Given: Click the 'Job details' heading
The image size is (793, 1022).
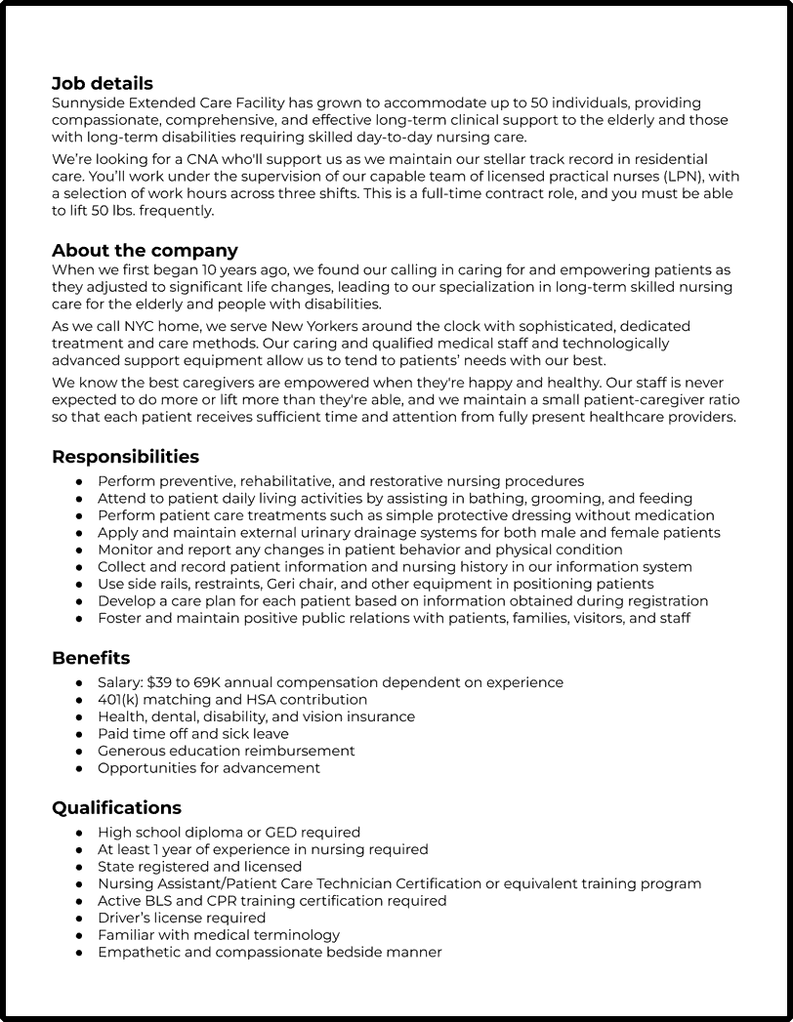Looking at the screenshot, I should [x=103, y=84].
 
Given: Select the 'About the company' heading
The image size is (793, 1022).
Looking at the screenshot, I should [x=145, y=251].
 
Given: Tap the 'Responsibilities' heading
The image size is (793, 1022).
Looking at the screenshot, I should [x=125, y=457].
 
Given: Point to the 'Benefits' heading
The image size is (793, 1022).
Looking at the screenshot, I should [x=91, y=658].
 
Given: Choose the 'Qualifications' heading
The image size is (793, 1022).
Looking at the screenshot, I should [x=116, y=808].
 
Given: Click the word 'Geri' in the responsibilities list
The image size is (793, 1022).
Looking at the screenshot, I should [x=283, y=584].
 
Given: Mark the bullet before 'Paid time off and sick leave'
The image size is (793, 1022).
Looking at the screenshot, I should [x=79, y=734].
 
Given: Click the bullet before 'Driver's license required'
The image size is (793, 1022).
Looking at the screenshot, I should [x=79, y=919].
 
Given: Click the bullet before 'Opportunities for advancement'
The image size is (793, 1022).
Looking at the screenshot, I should [x=79, y=768].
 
